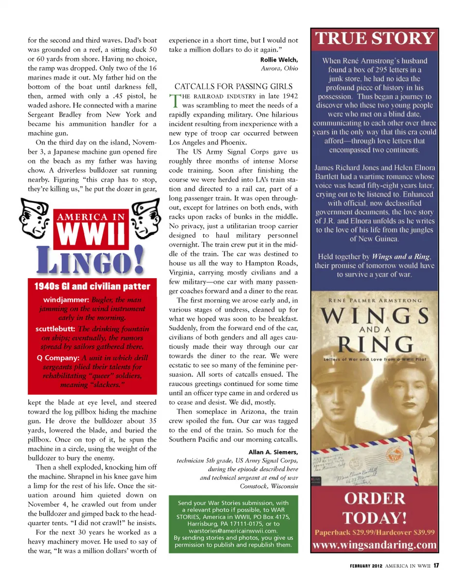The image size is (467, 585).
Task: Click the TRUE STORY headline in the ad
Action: [375, 39]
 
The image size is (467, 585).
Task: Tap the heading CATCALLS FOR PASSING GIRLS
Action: [230, 86]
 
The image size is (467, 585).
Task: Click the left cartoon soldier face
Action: [35, 219]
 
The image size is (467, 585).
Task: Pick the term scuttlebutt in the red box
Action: [55, 329]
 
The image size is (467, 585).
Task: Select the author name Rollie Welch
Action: [279, 60]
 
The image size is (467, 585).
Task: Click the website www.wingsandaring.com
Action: [375, 545]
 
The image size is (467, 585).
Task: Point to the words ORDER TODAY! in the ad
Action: [375, 507]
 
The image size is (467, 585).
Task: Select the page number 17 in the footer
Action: [437, 566]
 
